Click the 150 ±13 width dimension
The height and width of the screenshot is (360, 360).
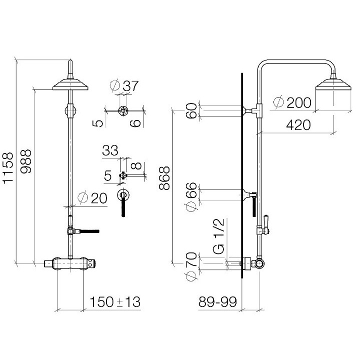coord(115,302)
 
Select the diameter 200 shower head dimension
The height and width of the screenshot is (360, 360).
coord(293,102)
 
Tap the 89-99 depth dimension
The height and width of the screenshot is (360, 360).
coord(216,302)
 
